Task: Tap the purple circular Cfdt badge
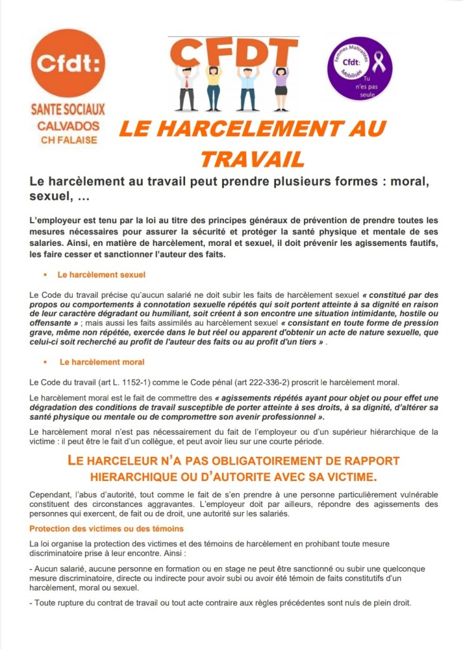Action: pos(359,68)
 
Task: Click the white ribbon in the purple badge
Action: pos(379,63)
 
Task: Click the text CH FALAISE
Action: pos(68,139)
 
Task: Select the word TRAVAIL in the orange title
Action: pos(252,158)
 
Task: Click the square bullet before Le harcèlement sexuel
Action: pos(46,276)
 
